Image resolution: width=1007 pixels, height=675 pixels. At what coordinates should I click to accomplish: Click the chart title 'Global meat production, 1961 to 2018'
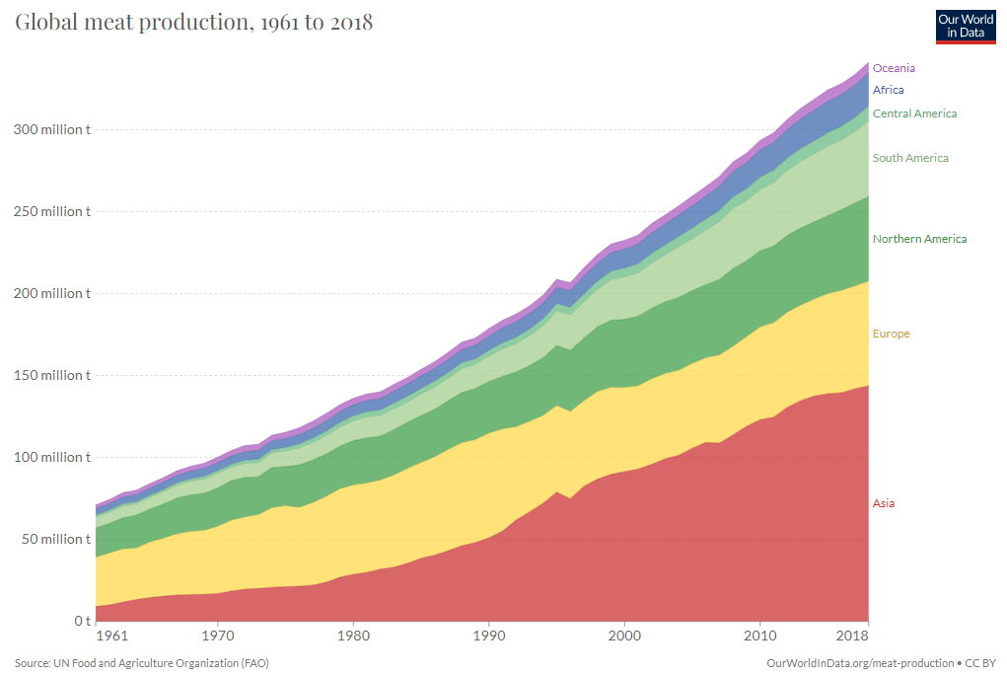(x=193, y=22)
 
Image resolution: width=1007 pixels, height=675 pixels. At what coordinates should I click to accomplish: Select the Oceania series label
(x=894, y=68)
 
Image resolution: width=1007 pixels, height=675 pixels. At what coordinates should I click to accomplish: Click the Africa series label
(x=888, y=90)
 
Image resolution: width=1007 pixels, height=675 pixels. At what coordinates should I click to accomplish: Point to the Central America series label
(x=914, y=113)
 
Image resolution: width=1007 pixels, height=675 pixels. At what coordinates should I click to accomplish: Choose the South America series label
(x=910, y=158)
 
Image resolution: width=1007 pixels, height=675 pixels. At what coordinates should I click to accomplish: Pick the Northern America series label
(x=919, y=239)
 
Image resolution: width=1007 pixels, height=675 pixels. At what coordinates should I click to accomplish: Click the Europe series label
(x=891, y=334)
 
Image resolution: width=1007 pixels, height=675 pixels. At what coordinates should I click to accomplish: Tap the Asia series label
(x=884, y=503)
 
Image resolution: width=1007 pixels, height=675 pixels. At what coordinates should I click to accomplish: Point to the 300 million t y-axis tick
(x=50, y=129)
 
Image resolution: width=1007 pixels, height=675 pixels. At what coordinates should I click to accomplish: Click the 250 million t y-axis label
(x=50, y=211)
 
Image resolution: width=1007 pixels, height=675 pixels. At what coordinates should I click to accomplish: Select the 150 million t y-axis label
(x=50, y=375)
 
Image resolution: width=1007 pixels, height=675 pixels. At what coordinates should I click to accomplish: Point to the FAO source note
(x=141, y=663)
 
